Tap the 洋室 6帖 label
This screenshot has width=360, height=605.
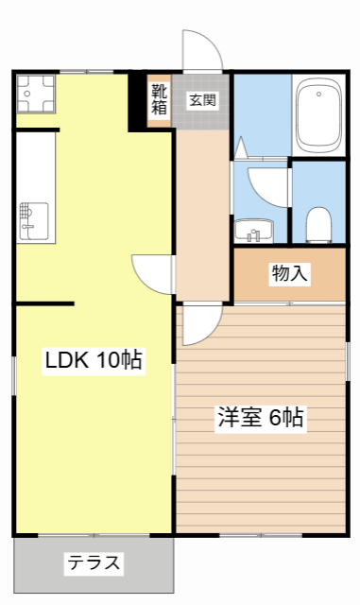pyautogui.click(x=261, y=418)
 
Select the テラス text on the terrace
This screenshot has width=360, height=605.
pyautogui.click(x=94, y=563)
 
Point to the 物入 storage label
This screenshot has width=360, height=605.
pyautogui.click(x=289, y=274)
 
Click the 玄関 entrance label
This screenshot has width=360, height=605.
pyautogui.click(x=201, y=99)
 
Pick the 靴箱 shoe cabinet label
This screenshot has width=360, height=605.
pyautogui.click(x=159, y=98)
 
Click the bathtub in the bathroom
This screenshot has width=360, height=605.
pyautogui.click(x=318, y=115)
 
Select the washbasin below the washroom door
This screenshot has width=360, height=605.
pyautogui.click(x=253, y=230)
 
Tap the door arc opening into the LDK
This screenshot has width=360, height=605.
pyautogui.click(x=151, y=274)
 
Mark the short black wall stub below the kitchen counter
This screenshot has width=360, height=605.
pyautogui.click(x=43, y=303)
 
